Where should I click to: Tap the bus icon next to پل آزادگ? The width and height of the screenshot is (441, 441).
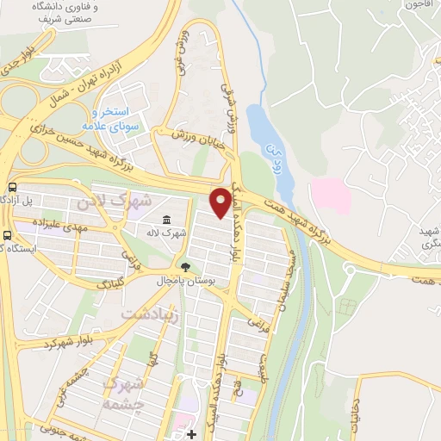[11, 187]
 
